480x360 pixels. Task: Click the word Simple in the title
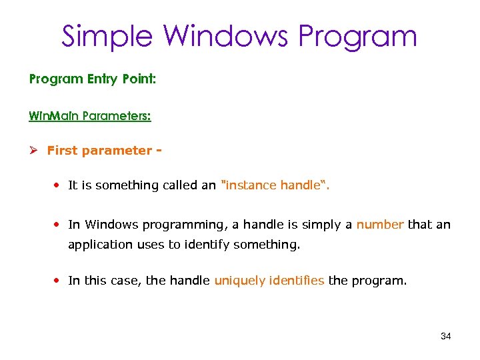[x=107, y=36]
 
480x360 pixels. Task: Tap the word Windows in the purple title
[x=225, y=36]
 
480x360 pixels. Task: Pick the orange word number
[x=380, y=225]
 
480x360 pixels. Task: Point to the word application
[x=100, y=245]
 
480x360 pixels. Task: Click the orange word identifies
[x=297, y=281]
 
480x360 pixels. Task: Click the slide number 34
[x=446, y=336]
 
